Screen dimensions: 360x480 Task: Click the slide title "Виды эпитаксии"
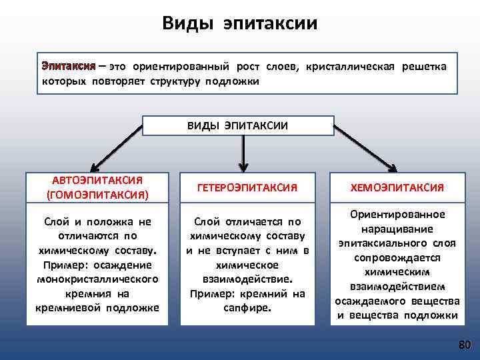click(240, 24)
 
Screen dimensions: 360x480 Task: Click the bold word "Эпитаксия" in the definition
click(68, 67)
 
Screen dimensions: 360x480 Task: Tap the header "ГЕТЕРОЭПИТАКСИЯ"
click(246, 188)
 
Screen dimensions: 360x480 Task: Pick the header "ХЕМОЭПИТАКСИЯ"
click(398, 188)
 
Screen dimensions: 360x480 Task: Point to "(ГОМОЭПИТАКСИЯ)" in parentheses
click(97, 195)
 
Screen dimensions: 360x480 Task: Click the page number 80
click(464, 345)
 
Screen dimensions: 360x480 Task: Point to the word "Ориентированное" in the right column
click(398, 214)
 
